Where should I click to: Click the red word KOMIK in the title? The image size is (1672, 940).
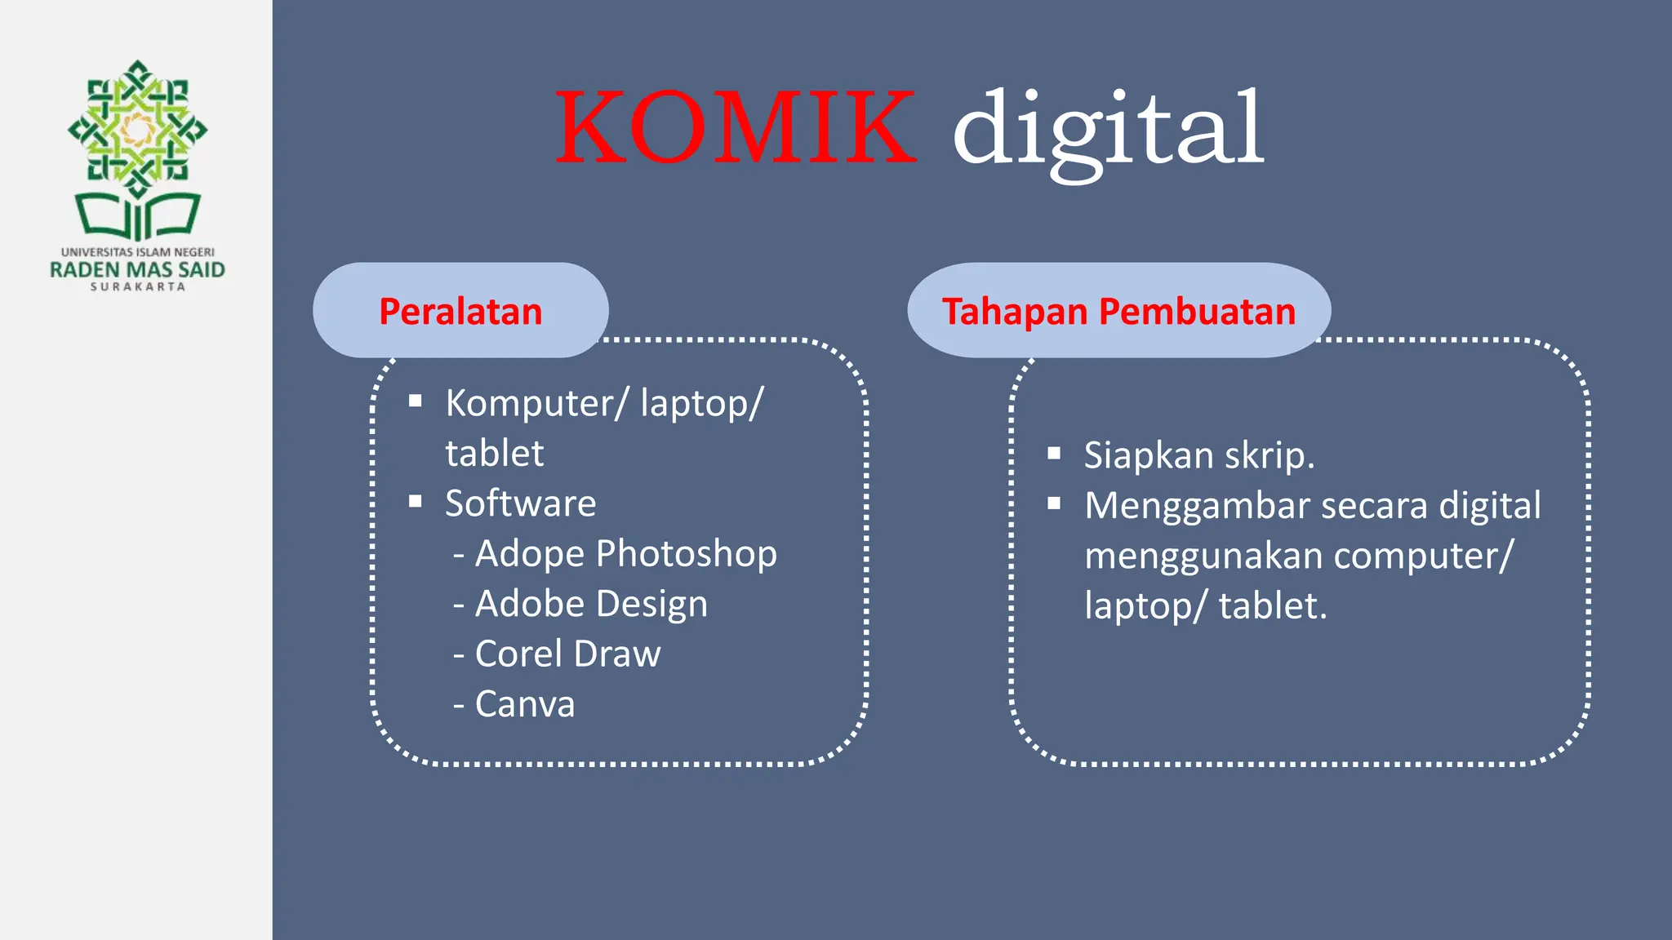coord(735,128)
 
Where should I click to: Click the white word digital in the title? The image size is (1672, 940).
coord(1108,131)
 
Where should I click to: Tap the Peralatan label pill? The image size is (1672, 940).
coord(460,311)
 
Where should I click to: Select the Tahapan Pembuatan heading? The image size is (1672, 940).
coord(1118,311)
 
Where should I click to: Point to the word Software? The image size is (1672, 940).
coord(520,503)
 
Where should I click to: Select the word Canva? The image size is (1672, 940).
coord(525,704)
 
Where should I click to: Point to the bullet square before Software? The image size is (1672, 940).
coord(416,501)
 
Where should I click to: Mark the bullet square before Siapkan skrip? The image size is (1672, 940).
coord(1054,453)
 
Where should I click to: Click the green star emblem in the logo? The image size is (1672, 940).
coord(138,127)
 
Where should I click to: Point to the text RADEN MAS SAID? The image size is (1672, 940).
coord(137,270)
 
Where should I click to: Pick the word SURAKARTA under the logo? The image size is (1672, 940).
coord(137,287)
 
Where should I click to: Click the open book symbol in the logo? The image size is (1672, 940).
coord(138,215)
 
